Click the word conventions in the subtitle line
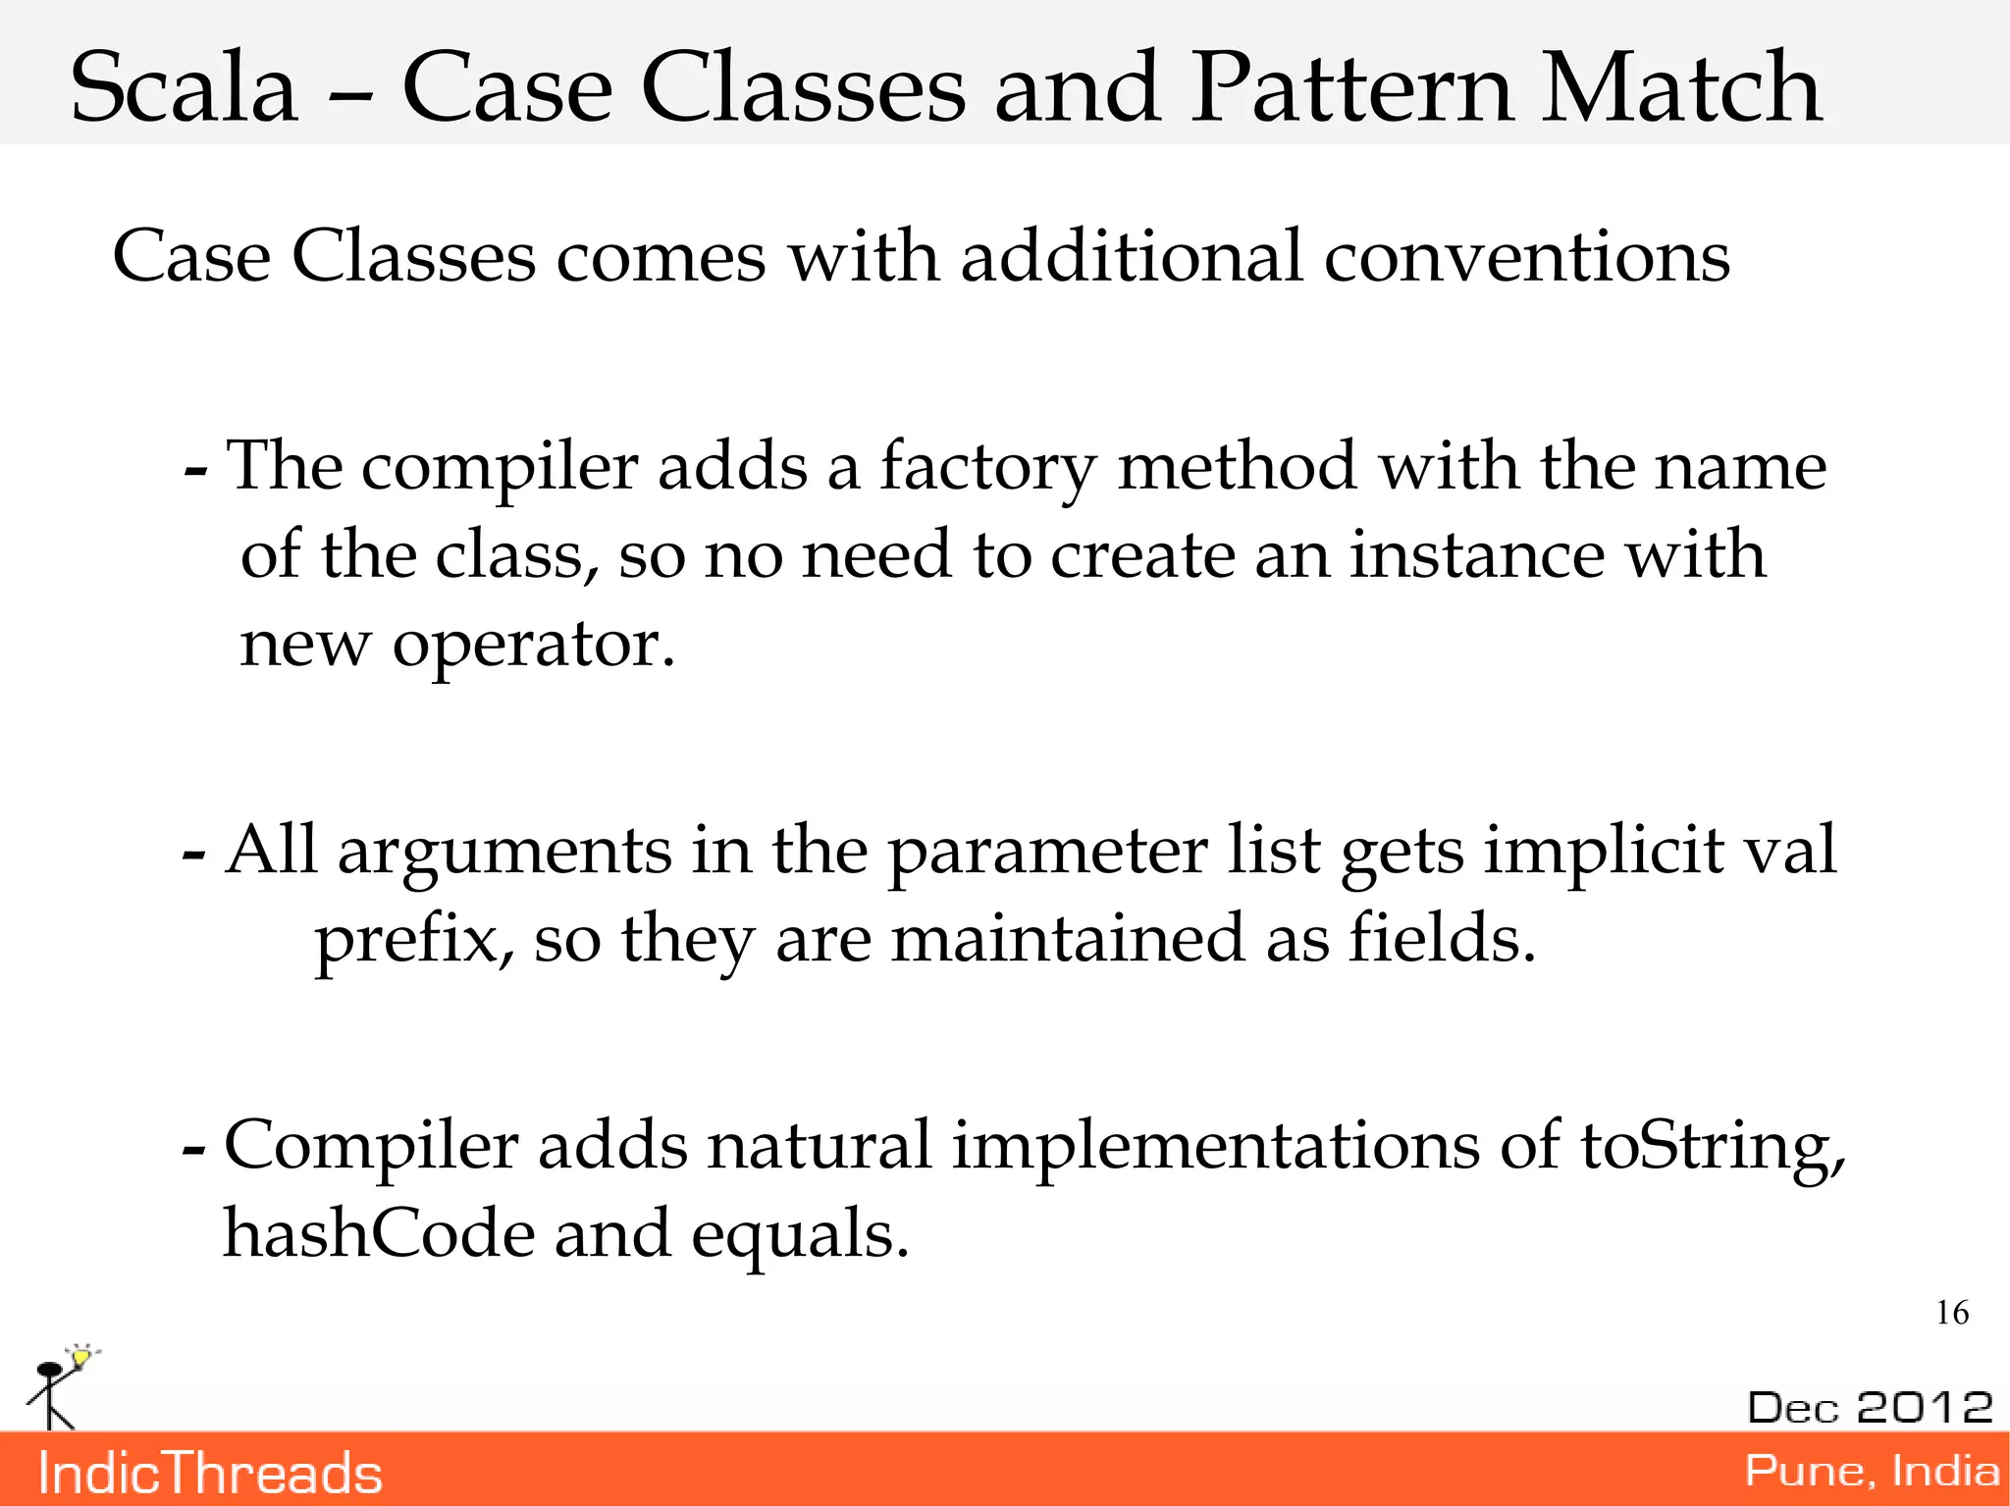pos(1526,257)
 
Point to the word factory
pos(987,467)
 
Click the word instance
pos(1477,555)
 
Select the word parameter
pos(1047,852)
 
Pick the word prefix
pos(413,940)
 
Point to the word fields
pos(1441,938)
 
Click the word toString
pos(1712,1146)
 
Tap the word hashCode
pos(379,1234)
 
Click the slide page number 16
pos(1952,1313)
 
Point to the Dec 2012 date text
pos(1870,1408)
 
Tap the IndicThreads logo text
pos(210,1474)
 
